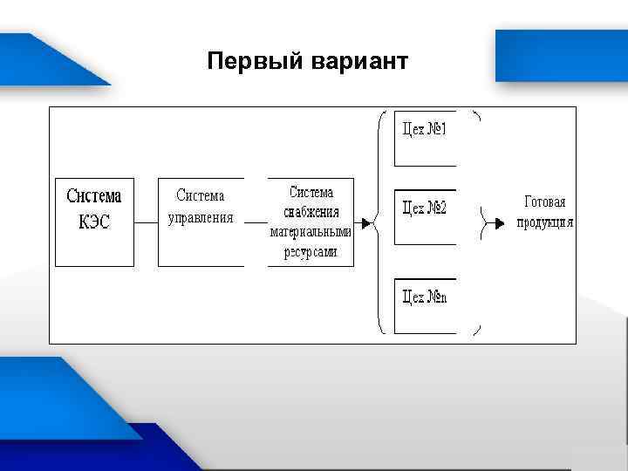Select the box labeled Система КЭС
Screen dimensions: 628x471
(x=94, y=222)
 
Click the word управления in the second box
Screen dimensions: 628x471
(x=201, y=218)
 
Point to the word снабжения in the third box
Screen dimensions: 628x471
(x=311, y=212)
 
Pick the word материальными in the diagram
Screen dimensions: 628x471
(x=311, y=233)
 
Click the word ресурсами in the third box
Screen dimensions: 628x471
(x=311, y=253)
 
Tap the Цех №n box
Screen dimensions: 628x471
(x=425, y=305)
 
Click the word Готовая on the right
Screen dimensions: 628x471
(x=545, y=202)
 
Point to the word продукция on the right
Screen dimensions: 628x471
(x=545, y=222)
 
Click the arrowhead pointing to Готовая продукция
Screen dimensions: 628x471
(x=499, y=222)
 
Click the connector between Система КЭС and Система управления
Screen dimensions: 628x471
(x=146, y=222)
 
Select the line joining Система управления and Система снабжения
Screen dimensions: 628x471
(x=256, y=222)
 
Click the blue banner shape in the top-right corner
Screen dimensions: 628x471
(x=562, y=54)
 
